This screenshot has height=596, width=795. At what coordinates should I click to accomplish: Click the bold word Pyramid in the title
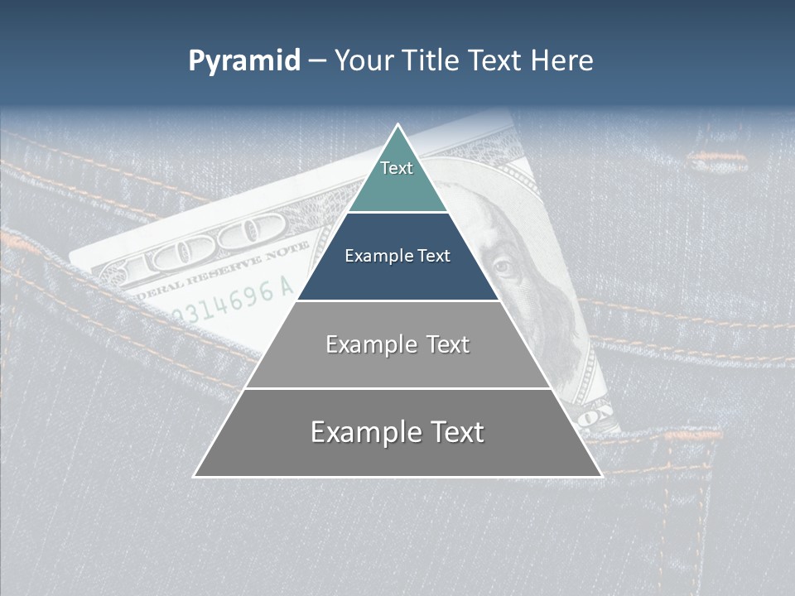click(244, 60)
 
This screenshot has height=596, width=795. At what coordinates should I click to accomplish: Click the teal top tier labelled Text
click(397, 178)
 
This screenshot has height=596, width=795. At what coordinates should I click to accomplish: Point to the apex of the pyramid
click(397, 125)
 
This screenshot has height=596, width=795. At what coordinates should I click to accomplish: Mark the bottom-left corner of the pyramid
click(195, 476)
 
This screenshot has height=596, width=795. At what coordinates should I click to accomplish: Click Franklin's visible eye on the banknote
click(503, 267)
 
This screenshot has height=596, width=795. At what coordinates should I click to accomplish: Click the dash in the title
click(316, 61)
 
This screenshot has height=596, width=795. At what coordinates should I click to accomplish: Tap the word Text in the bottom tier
click(455, 432)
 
